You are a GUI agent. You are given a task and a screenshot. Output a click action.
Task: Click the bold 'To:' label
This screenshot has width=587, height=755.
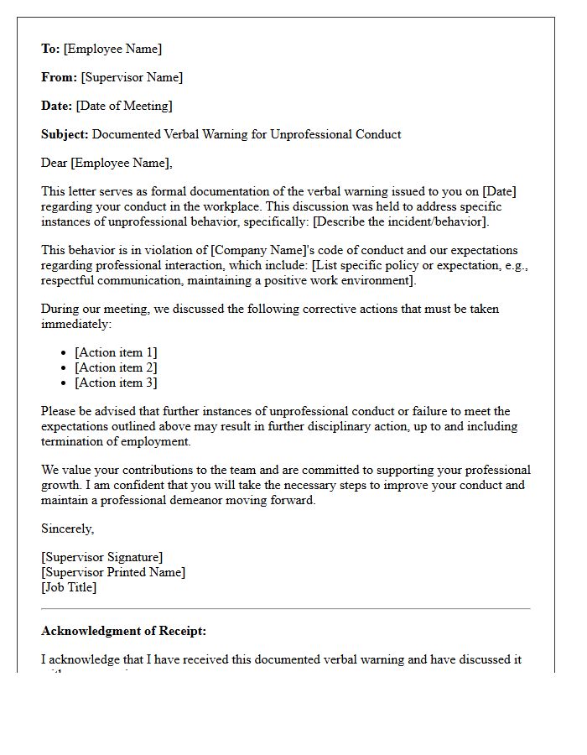(x=50, y=49)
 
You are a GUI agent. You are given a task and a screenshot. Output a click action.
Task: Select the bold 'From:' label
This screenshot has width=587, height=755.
(x=59, y=77)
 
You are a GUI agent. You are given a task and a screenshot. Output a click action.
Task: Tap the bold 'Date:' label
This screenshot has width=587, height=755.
(x=56, y=106)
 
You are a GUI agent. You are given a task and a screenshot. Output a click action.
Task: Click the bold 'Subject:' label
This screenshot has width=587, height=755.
(x=65, y=134)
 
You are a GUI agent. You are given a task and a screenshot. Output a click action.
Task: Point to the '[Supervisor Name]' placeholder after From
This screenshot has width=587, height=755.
(x=132, y=77)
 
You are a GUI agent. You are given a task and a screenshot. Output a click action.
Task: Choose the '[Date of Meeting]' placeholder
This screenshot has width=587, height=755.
(x=124, y=106)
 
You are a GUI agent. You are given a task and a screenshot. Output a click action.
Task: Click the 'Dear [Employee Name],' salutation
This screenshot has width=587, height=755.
(x=106, y=163)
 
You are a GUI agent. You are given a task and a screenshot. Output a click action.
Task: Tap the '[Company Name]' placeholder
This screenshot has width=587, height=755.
(x=252, y=250)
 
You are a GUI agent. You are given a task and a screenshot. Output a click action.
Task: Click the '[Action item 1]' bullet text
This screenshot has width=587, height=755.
(x=116, y=352)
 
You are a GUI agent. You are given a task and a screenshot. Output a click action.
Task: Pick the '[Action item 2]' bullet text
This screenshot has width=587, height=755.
(x=116, y=367)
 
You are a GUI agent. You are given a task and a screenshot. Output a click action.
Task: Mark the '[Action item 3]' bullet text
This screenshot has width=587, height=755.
(x=116, y=383)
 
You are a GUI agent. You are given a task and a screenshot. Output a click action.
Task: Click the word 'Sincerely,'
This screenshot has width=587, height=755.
(x=68, y=528)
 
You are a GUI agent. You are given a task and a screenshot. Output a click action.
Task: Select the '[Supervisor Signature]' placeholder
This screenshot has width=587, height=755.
(x=102, y=557)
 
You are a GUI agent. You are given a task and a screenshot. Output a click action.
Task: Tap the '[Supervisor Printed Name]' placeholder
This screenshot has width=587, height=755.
(x=113, y=572)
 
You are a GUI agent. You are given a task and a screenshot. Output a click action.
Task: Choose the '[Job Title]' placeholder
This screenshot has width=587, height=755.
(x=69, y=587)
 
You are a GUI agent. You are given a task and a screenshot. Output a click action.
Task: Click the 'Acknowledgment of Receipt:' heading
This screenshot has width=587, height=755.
(x=123, y=631)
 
